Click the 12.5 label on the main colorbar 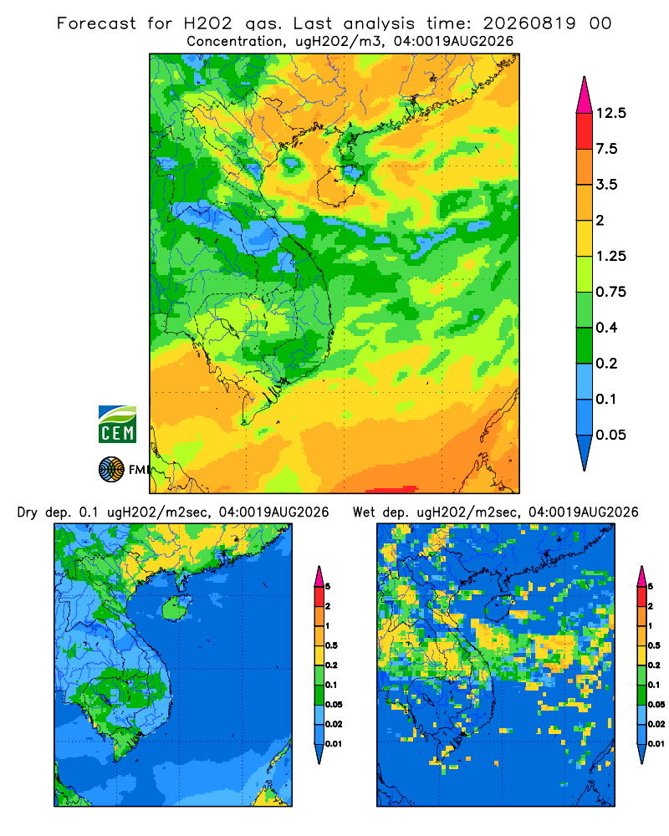(610, 113)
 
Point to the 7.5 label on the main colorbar (606, 149)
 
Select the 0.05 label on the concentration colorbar (610, 435)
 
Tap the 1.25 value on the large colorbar (610, 257)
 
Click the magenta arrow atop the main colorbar (585, 95)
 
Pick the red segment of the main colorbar (585, 131)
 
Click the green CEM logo (117, 425)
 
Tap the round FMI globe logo (111, 470)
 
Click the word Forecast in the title (96, 23)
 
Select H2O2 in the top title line (208, 23)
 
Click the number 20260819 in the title (529, 23)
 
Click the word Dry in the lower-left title (28, 513)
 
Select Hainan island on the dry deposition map (176, 609)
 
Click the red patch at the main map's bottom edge (392, 489)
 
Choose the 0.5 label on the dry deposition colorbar (331, 645)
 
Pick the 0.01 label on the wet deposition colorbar (656, 744)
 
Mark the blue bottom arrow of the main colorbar (585, 451)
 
